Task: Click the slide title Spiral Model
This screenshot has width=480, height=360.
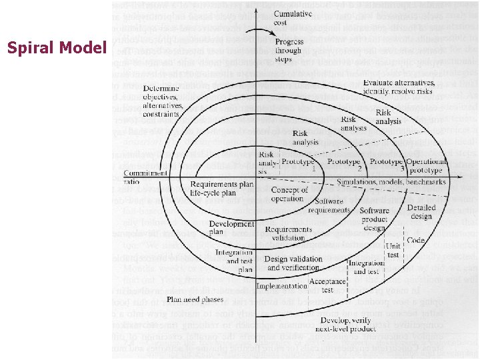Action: [x=56, y=48]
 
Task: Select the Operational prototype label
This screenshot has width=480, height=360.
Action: [x=427, y=166]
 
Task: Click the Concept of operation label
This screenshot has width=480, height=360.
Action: [x=290, y=194]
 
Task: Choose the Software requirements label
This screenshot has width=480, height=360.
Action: [x=329, y=205]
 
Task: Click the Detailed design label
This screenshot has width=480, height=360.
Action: [x=422, y=213]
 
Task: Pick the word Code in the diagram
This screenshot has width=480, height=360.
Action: [x=415, y=240]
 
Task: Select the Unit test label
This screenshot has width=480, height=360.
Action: [x=393, y=250]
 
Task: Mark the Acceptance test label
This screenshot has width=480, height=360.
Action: [x=327, y=286]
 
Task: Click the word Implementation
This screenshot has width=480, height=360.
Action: [x=281, y=286]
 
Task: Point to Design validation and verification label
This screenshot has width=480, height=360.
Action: [x=293, y=263]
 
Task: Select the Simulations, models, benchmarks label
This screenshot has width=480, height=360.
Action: [x=391, y=182]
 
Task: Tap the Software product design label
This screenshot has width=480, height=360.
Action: [x=375, y=219]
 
